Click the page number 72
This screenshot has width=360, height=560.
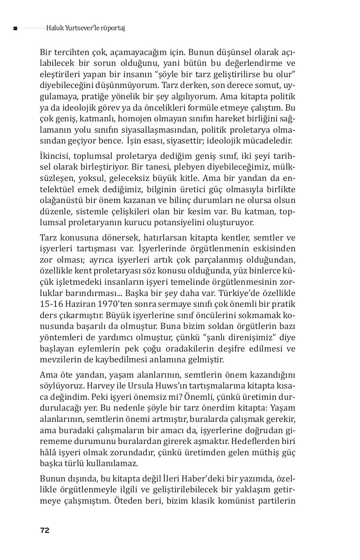pyautogui.click(x=45, y=530)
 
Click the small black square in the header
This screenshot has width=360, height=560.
pyautogui.click(x=15, y=28)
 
